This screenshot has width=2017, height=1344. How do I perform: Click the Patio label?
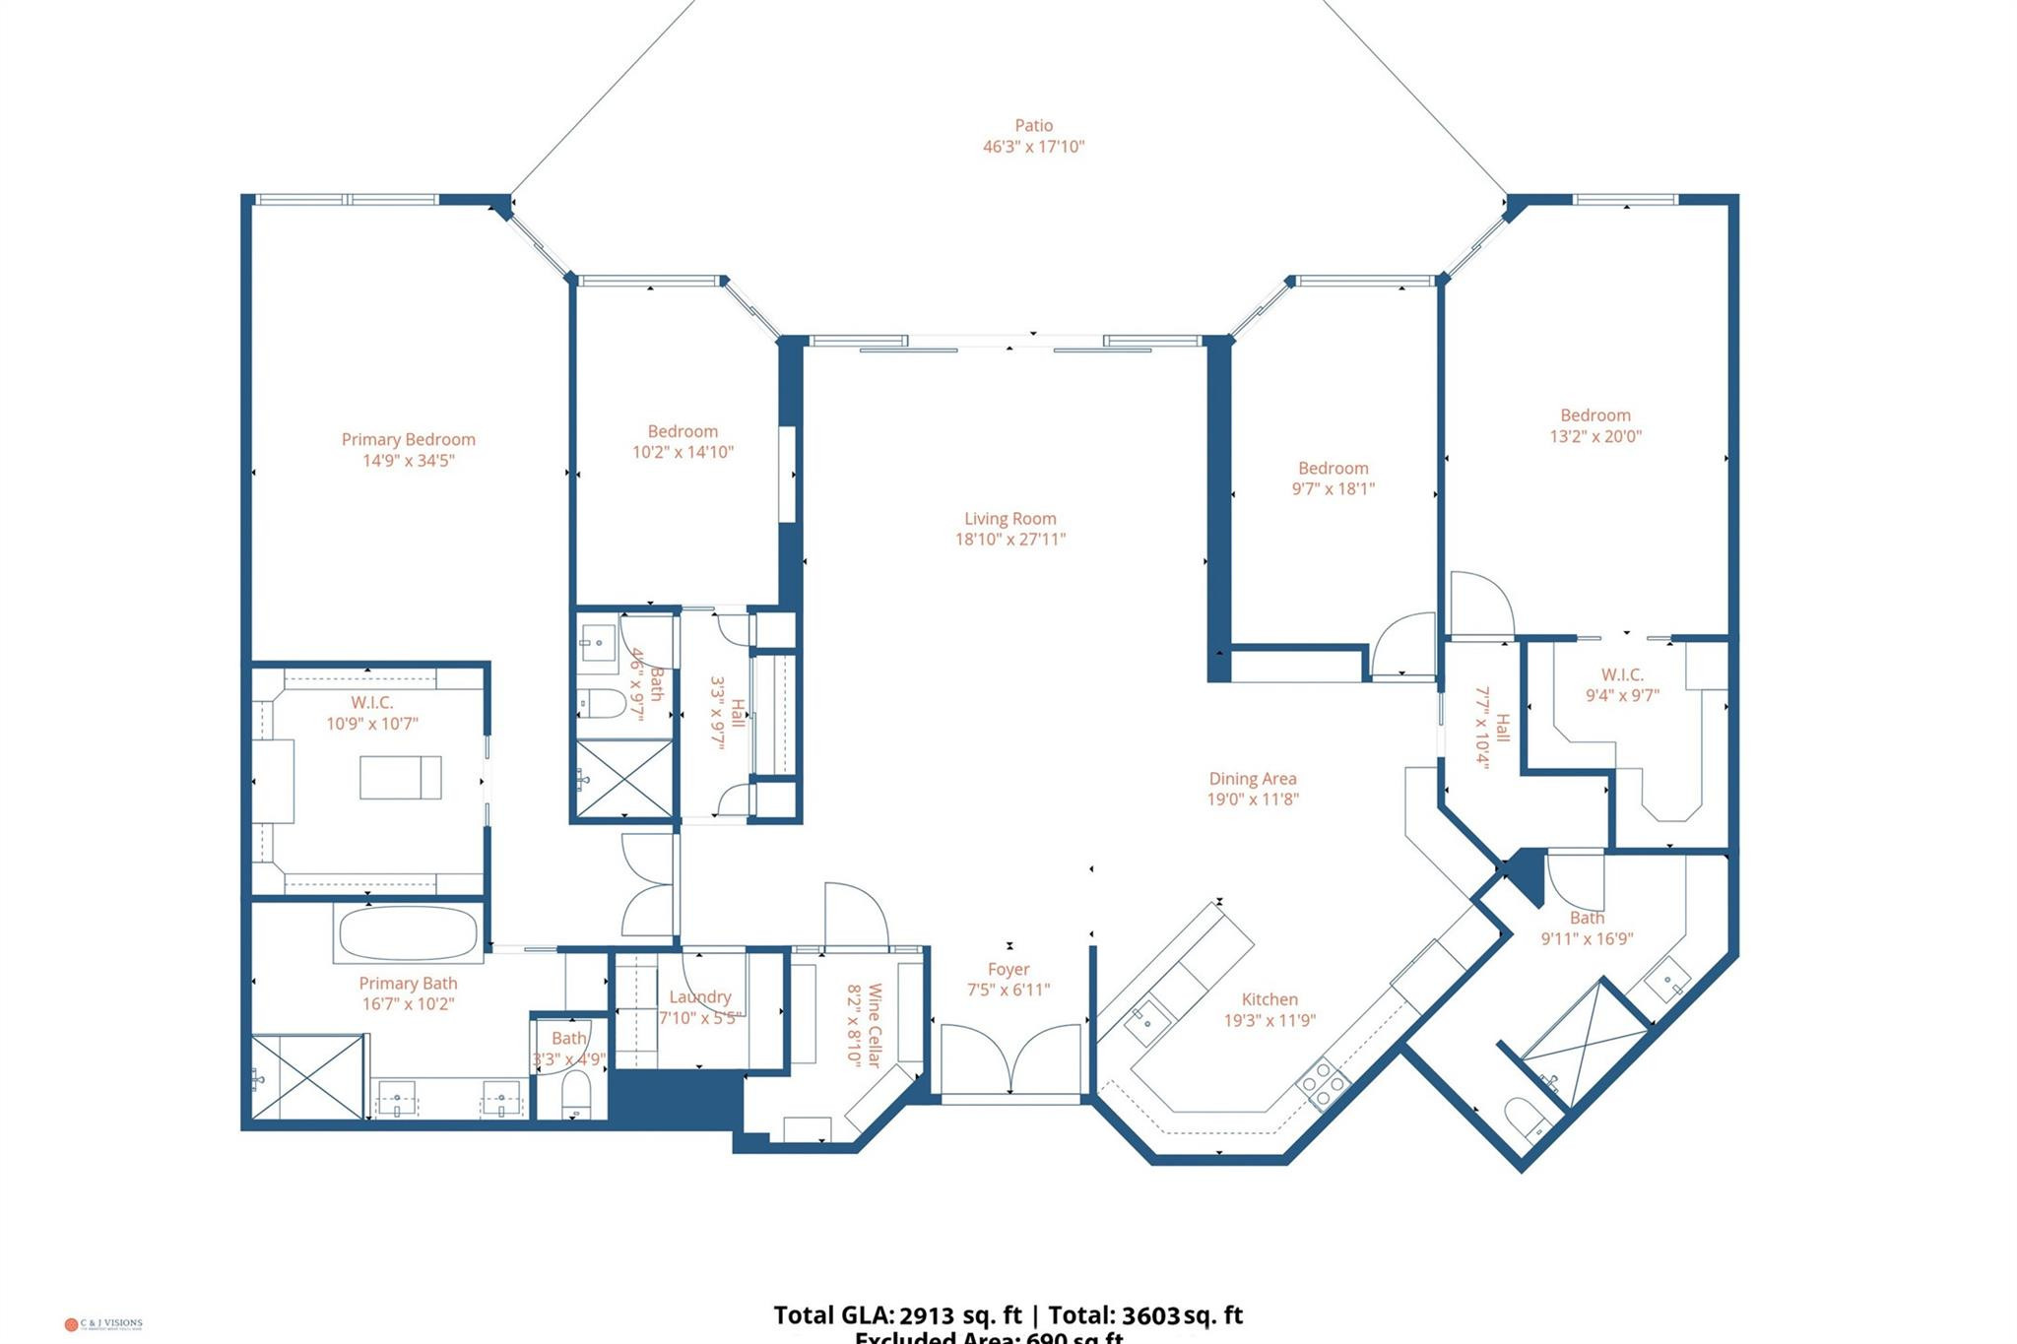coord(1033,126)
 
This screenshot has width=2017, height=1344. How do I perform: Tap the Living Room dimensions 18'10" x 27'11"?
coord(1010,540)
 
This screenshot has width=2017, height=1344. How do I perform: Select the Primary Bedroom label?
coord(408,440)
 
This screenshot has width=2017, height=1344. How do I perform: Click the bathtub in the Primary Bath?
coord(408,932)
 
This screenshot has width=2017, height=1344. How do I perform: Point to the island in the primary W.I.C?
coord(400,777)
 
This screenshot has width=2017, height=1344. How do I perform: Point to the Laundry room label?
coord(699,997)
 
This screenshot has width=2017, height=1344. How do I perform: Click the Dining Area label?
coord(1252,779)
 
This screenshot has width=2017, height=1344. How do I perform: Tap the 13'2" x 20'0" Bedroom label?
coord(1594,416)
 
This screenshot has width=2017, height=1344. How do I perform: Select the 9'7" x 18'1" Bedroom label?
coord(1333,469)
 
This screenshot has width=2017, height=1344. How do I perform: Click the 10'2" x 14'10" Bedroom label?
coord(683,431)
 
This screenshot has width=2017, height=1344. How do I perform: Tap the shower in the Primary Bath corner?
coord(307,1076)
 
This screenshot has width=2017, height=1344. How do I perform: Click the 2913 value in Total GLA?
coord(926,1315)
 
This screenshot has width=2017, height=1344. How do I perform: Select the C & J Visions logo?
coord(103,1324)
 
